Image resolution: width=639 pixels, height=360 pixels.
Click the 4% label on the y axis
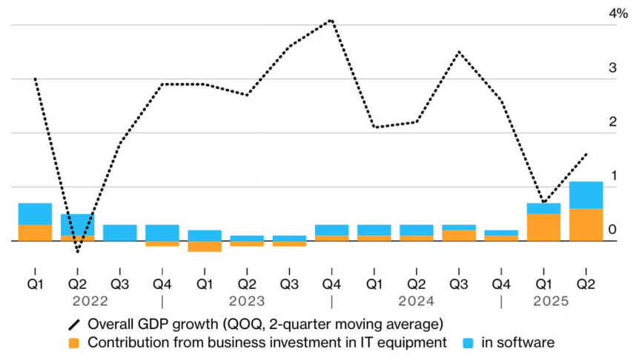618,14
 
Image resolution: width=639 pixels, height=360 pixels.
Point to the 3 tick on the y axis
613,68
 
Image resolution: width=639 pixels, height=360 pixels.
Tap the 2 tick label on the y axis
613,122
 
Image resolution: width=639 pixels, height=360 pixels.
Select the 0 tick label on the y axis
613,230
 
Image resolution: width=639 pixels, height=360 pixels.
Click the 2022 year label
90,301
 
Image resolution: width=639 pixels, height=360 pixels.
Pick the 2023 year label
247,301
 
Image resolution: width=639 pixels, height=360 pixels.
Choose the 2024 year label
416,301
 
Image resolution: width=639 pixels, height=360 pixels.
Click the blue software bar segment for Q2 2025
586,195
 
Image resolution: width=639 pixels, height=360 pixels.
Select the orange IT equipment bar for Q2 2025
586,224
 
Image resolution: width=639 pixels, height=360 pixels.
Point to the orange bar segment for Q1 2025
543,227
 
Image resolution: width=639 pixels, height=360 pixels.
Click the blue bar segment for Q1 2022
35,213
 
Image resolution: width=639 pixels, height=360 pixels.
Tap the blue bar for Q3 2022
119,233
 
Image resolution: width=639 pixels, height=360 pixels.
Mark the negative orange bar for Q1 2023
204,246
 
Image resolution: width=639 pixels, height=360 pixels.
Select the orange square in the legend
75,343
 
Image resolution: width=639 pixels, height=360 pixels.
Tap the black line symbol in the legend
74,324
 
